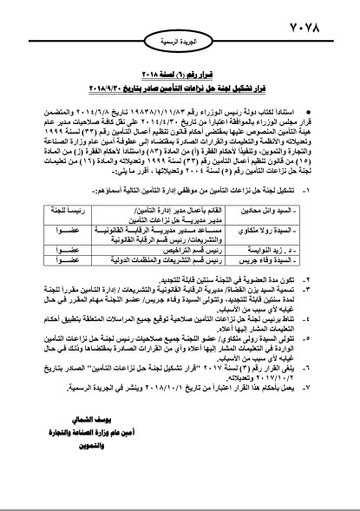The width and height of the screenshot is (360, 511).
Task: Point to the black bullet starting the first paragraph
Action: pyautogui.click(x=317, y=101)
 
